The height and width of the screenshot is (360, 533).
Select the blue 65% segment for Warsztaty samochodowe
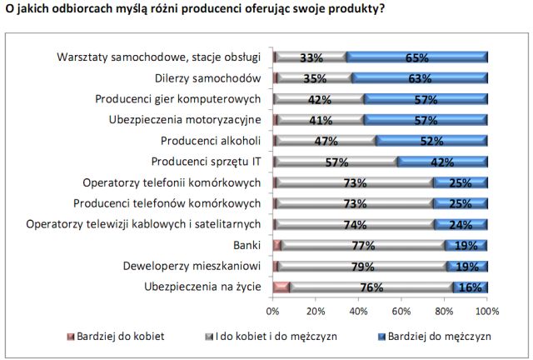[x=416, y=57]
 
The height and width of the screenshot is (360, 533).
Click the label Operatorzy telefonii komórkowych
[x=172, y=182]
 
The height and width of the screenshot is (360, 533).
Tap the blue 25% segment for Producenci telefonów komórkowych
[x=460, y=202]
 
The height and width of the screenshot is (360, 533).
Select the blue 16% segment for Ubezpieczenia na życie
[x=471, y=287]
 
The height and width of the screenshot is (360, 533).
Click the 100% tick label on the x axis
[x=486, y=311]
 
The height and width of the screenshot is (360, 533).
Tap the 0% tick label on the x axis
[x=272, y=311]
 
